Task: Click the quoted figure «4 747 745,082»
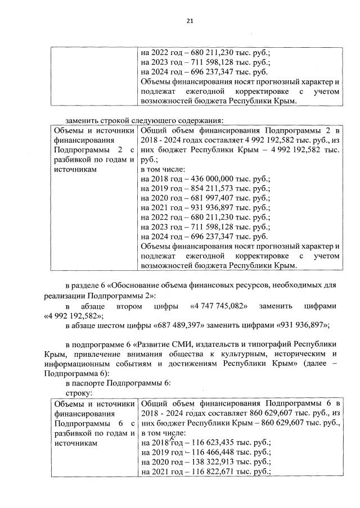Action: (218, 306)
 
